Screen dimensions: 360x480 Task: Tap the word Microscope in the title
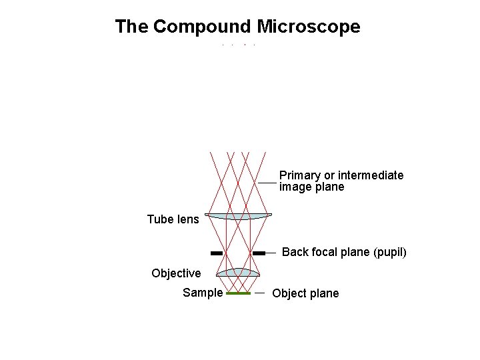[x=308, y=27]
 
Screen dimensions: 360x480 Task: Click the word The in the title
[x=131, y=27]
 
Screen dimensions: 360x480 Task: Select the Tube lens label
[x=173, y=219]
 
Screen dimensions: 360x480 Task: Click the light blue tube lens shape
[x=238, y=216]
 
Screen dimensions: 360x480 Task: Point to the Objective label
[x=176, y=273]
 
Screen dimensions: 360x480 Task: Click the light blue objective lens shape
[x=239, y=272]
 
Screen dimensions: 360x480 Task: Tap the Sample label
[x=203, y=293]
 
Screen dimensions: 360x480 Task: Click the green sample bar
[x=238, y=293]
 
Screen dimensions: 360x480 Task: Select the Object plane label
[x=305, y=293]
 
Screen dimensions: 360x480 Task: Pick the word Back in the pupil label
[x=295, y=253]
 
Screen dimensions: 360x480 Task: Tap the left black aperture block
[x=216, y=253]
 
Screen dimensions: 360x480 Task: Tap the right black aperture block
[x=259, y=253]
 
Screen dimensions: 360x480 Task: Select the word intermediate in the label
[x=371, y=175]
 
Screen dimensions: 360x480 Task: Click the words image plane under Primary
[x=311, y=187]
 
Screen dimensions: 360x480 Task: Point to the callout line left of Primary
[x=267, y=182]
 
